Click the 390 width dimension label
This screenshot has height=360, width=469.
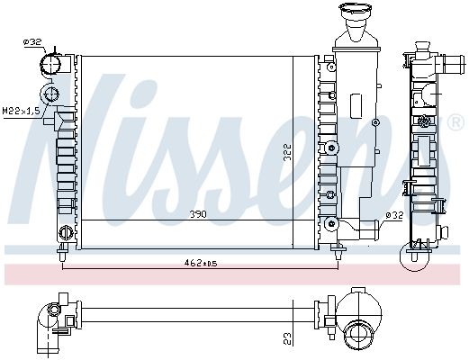pos(198,214)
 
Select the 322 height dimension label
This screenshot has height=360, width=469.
pos(287,152)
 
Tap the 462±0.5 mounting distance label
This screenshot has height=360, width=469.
pos(201,263)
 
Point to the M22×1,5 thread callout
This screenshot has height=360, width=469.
pos(21,111)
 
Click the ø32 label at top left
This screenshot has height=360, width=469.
pos(32,42)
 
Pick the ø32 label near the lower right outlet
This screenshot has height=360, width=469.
pos(394,215)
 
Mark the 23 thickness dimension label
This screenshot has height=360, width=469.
pos(287,338)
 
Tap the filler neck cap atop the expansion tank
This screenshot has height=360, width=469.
pos(356,9)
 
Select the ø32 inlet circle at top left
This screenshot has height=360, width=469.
pos(50,64)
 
